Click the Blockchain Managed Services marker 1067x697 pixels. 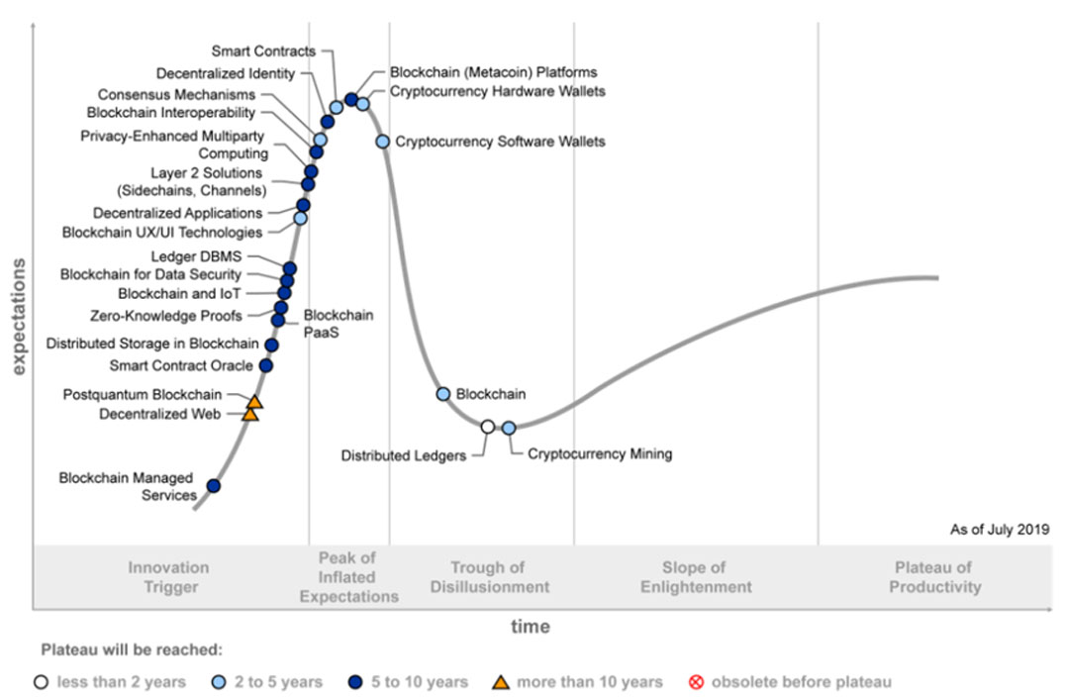click(213, 486)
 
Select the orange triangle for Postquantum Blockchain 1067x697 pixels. click(254, 402)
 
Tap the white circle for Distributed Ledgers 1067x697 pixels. click(487, 427)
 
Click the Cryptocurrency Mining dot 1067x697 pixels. click(509, 428)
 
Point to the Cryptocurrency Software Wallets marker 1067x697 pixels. click(383, 142)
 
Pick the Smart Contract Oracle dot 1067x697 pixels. click(265, 365)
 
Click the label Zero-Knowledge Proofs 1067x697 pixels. click(165, 317)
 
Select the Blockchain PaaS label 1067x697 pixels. click(338, 324)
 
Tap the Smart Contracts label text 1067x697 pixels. click(263, 51)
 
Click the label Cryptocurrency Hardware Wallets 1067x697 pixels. click(497, 91)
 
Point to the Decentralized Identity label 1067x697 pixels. click(226, 73)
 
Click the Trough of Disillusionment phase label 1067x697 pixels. click(489, 577)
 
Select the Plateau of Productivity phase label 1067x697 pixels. click(934, 577)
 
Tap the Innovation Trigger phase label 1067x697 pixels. click(168, 577)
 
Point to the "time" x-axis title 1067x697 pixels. click(531, 627)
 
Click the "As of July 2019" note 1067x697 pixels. click(1000, 531)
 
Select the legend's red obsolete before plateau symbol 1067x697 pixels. click(696, 681)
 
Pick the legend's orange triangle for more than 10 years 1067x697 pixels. click(502, 681)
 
